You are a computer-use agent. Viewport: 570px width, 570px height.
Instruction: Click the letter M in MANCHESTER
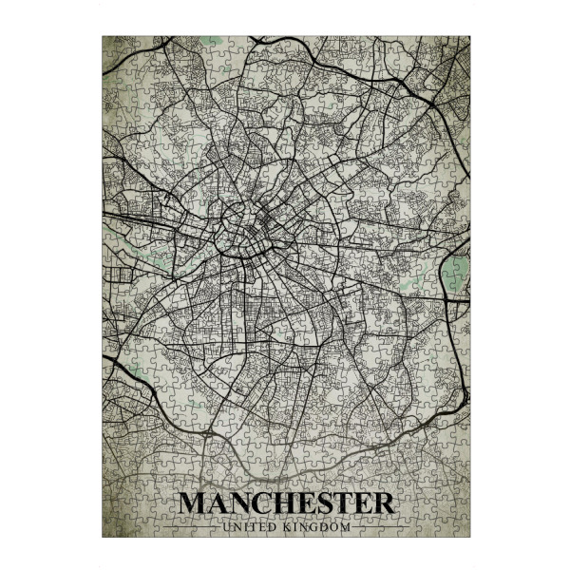pos(193,503)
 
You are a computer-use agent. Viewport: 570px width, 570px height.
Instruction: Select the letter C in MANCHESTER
pos(267,503)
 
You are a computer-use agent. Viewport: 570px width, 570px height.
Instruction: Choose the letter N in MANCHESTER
pos(242,503)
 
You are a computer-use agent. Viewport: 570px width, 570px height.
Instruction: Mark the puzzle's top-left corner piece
pos(109,44)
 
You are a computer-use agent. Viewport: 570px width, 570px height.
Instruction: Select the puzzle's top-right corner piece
pos(463,44)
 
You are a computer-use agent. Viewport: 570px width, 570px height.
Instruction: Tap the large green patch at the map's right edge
pos(455,275)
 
